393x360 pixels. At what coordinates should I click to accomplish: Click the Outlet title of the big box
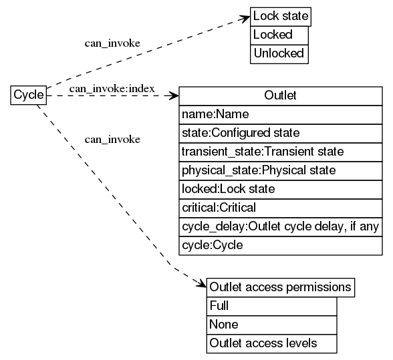click(x=280, y=96)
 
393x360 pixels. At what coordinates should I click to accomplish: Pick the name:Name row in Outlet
click(x=280, y=114)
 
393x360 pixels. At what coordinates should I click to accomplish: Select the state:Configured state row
click(x=280, y=133)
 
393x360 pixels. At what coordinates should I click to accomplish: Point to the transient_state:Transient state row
click(x=280, y=152)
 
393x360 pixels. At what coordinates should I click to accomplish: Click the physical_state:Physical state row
click(x=280, y=170)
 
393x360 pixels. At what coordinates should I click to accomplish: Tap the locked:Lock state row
click(x=280, y=189)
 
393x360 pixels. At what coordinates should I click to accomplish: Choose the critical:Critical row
click(x=280, y=208)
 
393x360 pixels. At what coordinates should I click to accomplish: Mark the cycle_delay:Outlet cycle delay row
click(x=280, y=226)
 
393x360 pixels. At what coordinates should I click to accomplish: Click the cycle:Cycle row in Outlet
click(x=280, y=245)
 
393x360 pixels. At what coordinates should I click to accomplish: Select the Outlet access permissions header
click(x=280, y=287)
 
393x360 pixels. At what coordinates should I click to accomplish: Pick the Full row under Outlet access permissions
click(x=271, y=306)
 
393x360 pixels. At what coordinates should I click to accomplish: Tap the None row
click(x=271, y=325)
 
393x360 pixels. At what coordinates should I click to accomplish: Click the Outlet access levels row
click(x=271, y=343)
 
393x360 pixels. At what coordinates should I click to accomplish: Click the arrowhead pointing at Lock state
click(x=245, y=19)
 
